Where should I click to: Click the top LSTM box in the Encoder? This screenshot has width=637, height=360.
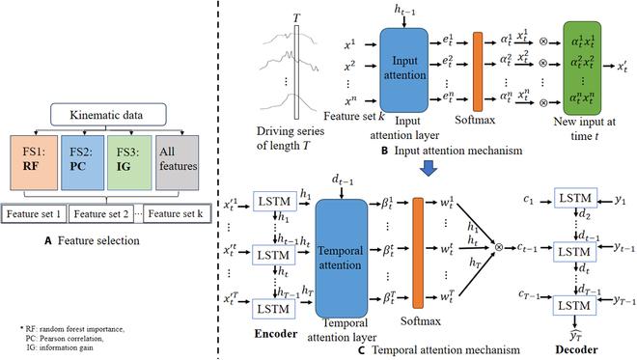[x=272, y=199]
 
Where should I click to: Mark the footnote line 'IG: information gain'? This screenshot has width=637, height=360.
[x=60, y=346]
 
